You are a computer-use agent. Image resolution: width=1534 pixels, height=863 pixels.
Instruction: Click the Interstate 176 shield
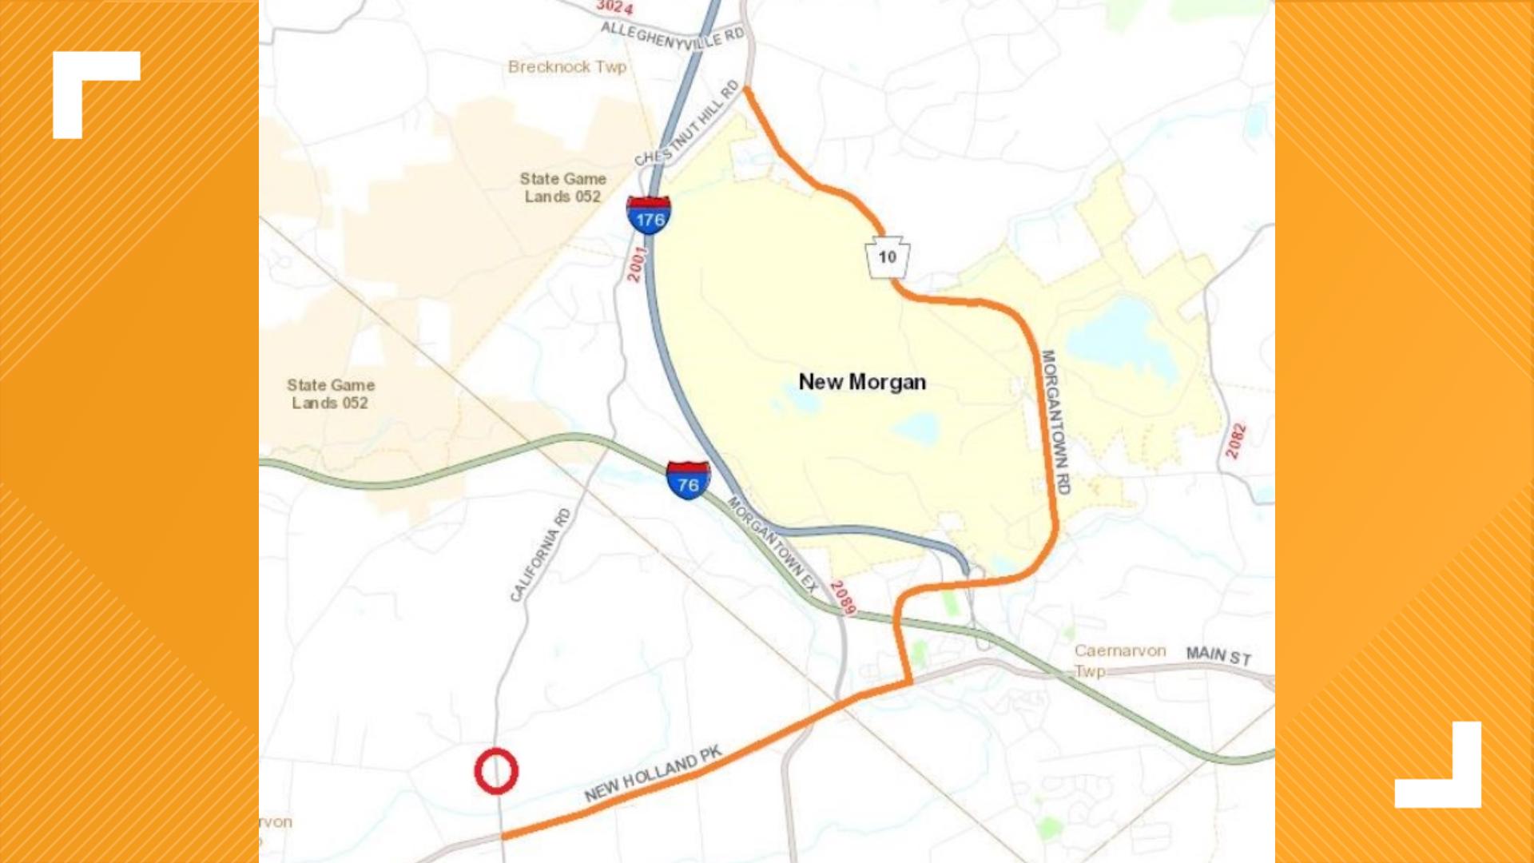coord(648,215)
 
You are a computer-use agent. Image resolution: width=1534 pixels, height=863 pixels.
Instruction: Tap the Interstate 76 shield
coord(688,480)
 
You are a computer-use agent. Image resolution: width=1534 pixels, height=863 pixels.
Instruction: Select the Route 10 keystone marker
coord(887,257)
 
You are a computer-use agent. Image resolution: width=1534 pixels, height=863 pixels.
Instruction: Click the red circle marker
coord(496,771)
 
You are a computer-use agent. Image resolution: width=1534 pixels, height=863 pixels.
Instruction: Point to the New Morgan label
coord(862,382)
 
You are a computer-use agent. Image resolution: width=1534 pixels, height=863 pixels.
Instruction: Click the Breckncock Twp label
coord(566,67)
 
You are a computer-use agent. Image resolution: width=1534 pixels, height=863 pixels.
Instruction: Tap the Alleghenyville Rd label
coord(672,36)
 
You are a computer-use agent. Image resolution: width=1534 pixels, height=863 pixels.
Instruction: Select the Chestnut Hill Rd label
coord(688,124)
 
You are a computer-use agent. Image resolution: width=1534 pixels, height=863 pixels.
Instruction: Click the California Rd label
coord(541,555)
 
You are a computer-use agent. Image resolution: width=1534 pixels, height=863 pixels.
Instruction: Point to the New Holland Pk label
coord(653,774)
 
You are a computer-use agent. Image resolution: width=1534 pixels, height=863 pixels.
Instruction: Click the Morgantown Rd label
coord(1055,421)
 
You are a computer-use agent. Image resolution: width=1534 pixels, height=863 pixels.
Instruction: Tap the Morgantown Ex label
coord(773,544)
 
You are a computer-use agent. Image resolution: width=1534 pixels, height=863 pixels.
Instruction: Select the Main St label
coord(1218,656)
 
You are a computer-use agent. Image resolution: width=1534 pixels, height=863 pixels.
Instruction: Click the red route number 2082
coord(1236,440)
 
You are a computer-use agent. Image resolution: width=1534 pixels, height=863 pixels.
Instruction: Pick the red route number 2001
coord(636,264)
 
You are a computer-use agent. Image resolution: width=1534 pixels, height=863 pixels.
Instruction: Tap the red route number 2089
coord(843,598)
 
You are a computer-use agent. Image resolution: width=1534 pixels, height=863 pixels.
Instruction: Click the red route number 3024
coord(614,7)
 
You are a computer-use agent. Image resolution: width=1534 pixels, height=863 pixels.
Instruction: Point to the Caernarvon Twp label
coord(1119,660)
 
